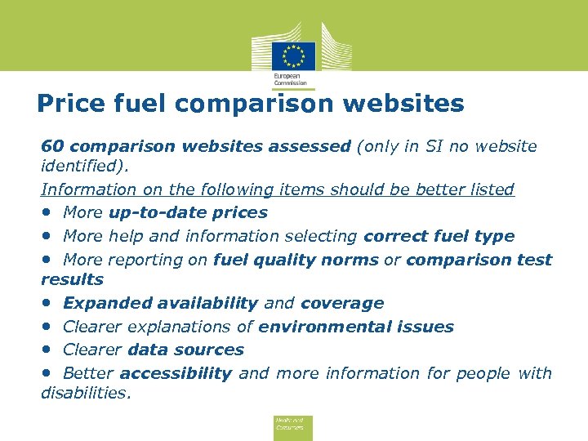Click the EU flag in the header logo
tap(293, 56)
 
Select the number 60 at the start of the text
tap(52, 146)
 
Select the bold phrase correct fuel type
tap(439, 236)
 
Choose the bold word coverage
tap(342, 303)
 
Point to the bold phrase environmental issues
tap(356, 327)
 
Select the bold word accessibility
tap(176, 373)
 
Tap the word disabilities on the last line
tap(85, 392)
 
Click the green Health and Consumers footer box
tap(293, 425)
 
